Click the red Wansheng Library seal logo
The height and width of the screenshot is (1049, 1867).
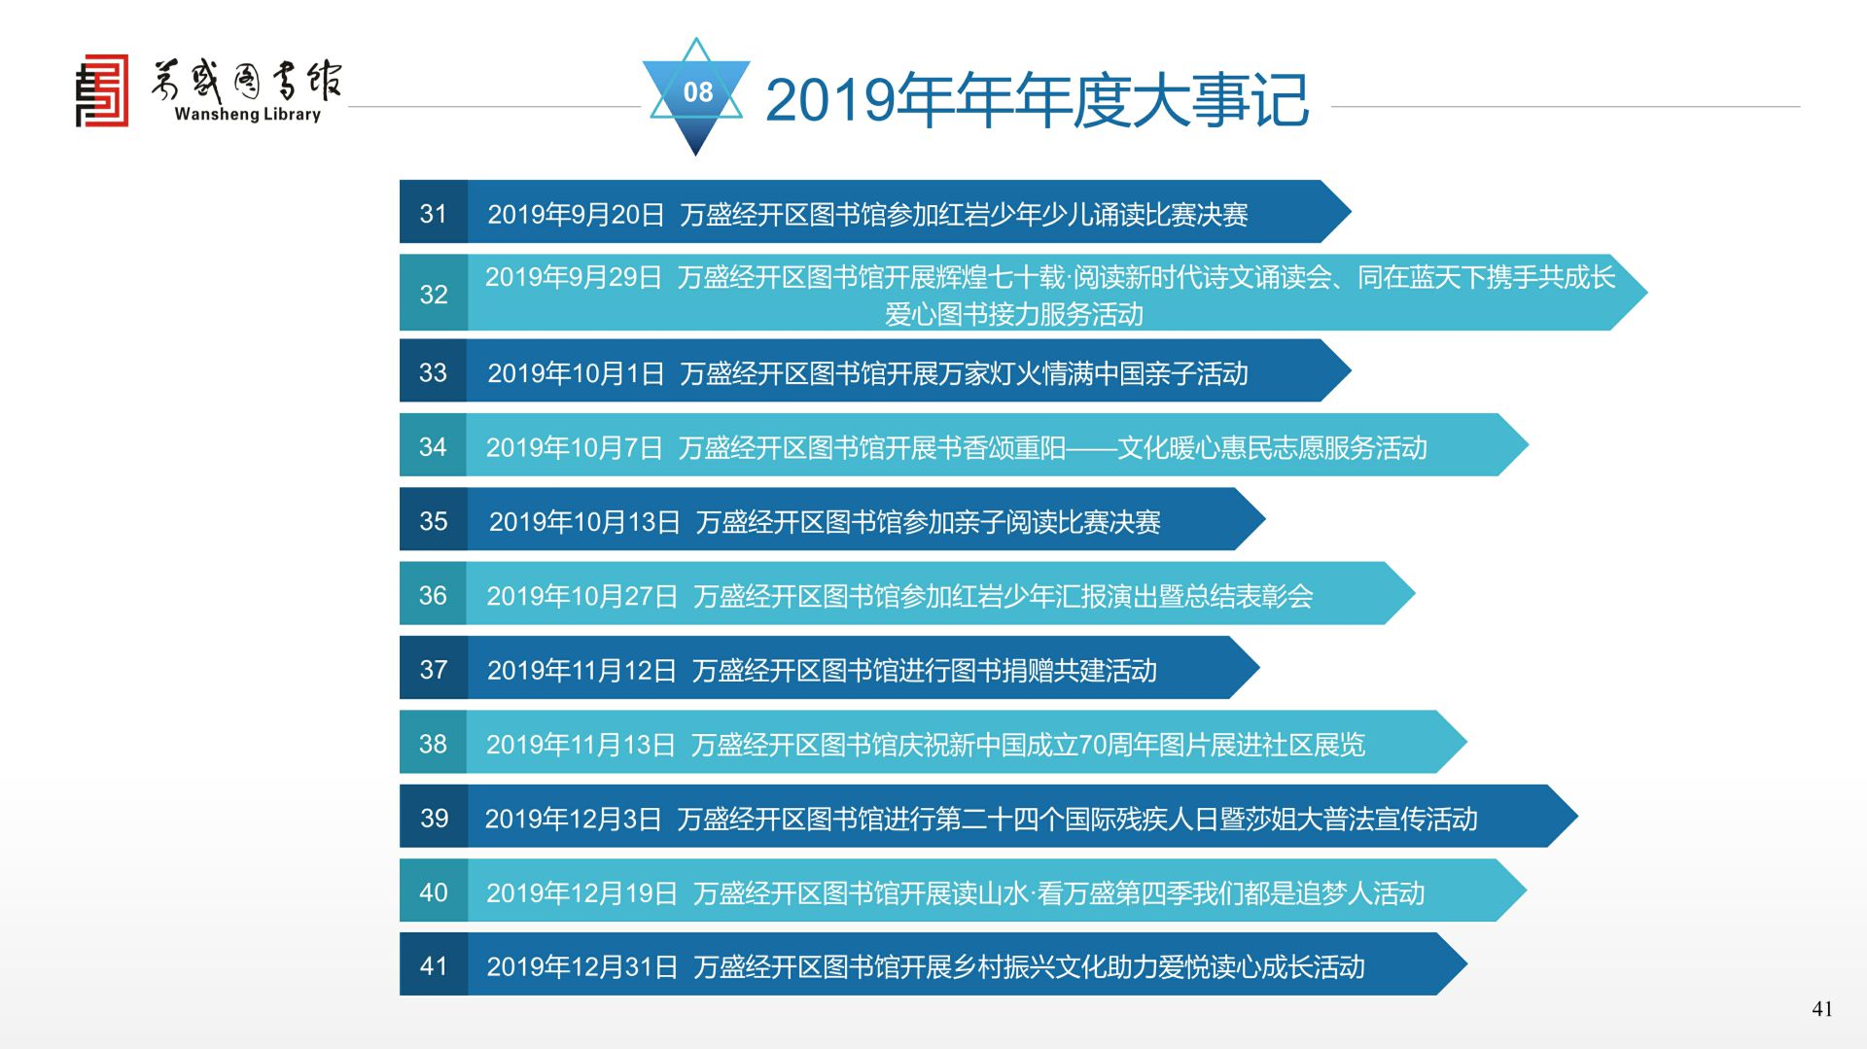[x=102, y=90]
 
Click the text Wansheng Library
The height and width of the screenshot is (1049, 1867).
[x=247, y=114]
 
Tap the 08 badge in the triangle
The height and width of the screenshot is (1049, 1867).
[x=697, y=92]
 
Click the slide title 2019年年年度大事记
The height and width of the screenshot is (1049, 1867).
[x=1037, y=99]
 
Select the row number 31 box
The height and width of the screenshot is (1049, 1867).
[x=434, y=212]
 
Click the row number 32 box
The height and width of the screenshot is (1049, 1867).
[x=434, y=293]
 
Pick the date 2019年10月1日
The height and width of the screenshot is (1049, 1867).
[x=576, y=373]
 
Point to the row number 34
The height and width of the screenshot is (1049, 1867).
[x=433, y=446]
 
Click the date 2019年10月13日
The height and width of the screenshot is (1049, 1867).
[x=584, y=522]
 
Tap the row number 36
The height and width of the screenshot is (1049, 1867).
[x=433, y=595]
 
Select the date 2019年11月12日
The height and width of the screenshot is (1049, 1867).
[x=581, y=670]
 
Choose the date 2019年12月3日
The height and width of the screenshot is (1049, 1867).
[x=573, y=819]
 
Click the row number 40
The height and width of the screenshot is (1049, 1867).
[x=434, y=892]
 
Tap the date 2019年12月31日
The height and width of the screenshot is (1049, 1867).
[x=581, y=966]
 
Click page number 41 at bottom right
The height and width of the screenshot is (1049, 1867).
[x=1822, y=1009]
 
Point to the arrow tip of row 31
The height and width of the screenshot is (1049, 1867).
[x=1351, y=212]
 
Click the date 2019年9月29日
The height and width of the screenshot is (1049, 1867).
[x=574, y=277]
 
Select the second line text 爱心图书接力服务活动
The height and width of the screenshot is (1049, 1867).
[x=1014, y=314]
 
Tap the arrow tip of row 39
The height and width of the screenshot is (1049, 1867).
[x=1577, y=817]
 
